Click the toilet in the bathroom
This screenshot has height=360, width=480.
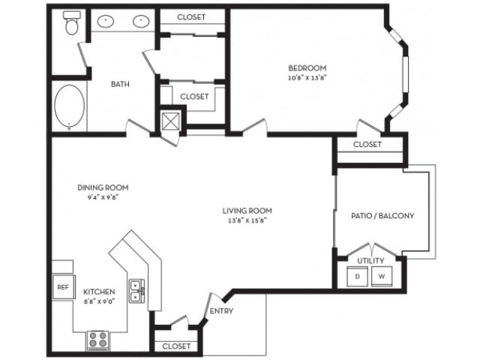pos(72,25)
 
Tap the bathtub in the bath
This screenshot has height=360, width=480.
pos(69,106)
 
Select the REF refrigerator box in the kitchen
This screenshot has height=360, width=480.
pos(61,286)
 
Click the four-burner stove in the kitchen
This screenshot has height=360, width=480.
pos(97,340)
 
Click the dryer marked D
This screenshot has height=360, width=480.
pos(357,276)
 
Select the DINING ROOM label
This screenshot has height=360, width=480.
pos(103,187)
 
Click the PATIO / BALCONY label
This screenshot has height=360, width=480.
pos(382,215)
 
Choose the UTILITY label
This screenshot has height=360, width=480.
pos(370,260)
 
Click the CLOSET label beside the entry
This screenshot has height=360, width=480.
pos(176,346)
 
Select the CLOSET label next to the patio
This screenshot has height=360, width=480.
pos(367,144)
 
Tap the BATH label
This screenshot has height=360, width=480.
pos(121,84)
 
